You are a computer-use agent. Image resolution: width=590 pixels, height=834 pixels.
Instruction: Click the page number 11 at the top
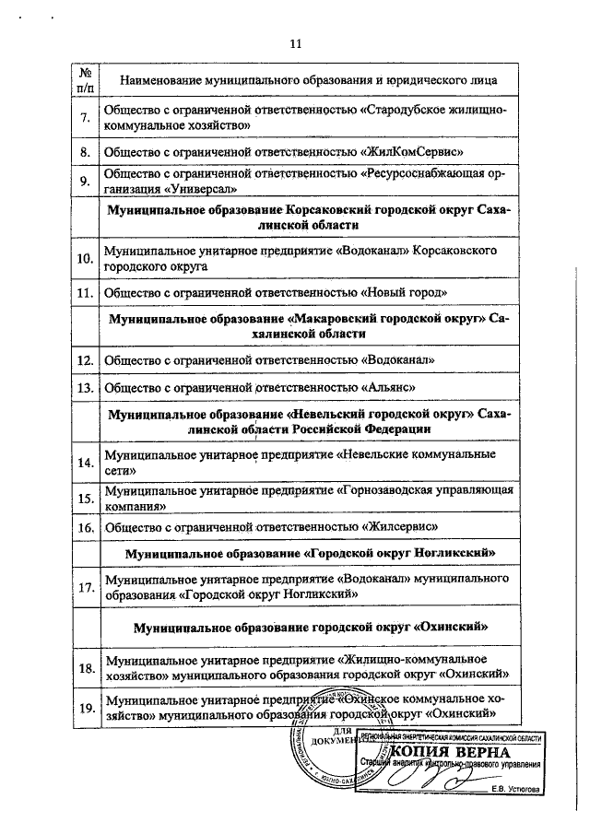295,42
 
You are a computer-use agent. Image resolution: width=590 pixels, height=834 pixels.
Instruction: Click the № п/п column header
85,79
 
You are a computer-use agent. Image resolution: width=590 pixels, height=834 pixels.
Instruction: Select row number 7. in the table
85,117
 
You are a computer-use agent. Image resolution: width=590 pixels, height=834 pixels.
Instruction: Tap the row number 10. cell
85,258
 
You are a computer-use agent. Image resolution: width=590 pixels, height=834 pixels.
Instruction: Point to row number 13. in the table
85,387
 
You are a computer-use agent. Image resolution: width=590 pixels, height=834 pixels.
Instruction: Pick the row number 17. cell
85,587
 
